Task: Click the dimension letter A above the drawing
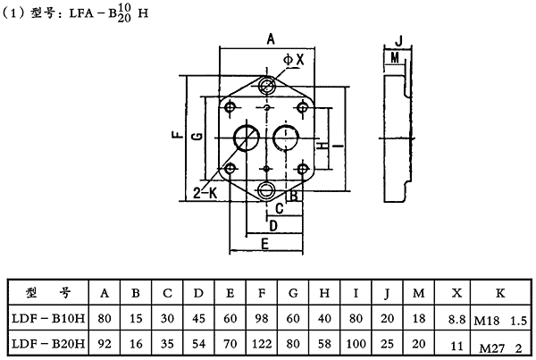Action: click(x=271, y=38)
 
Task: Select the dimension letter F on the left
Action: click(x=175, y=137)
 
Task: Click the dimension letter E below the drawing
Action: click(x=265, y=242)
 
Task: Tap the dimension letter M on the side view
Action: click(x=394, y=57)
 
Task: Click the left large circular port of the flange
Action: click(x=245, y=137)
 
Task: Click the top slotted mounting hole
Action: click(x=267, y=85)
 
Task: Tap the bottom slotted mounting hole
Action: click(x=267, y=188)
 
